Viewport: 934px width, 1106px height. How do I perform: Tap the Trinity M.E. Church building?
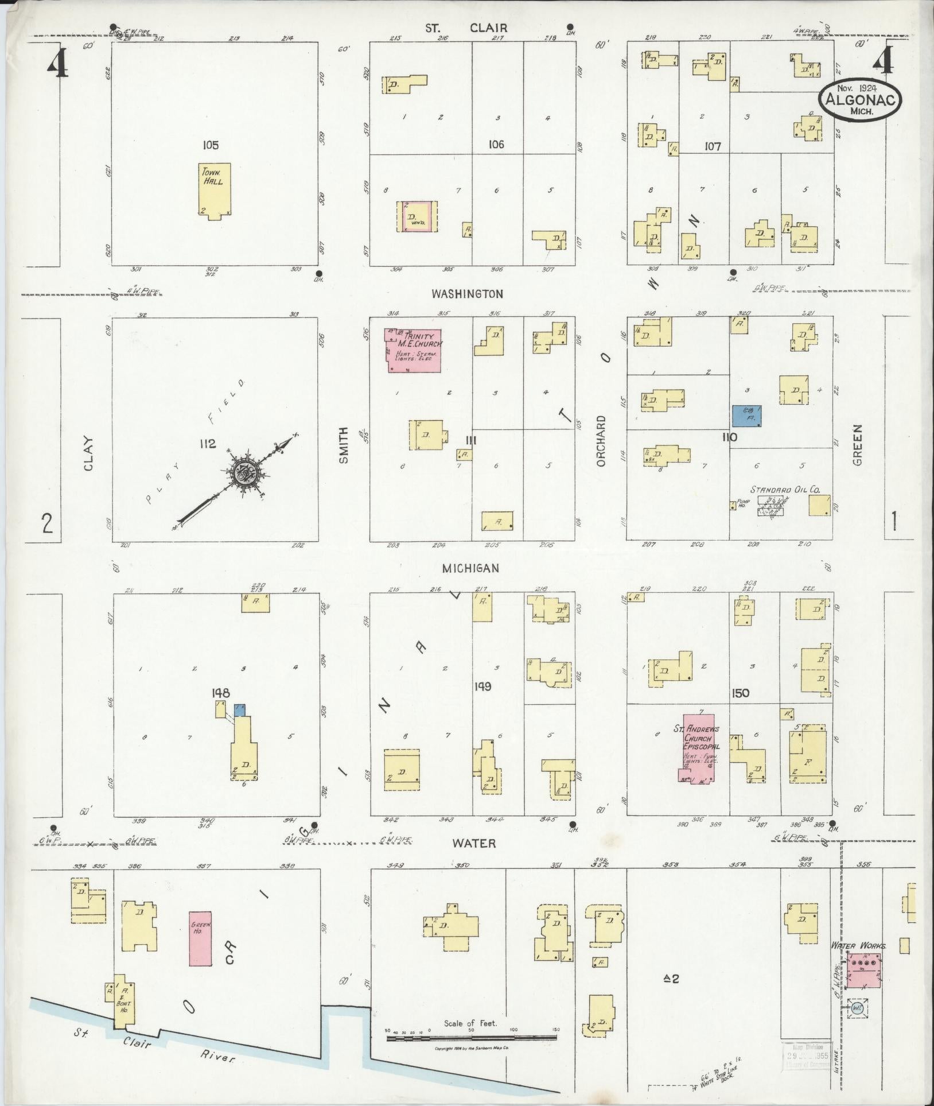tap(412, 351)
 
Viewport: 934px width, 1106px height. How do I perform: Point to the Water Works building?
tap(866, 971)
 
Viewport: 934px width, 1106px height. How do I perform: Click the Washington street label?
tap(467, 294)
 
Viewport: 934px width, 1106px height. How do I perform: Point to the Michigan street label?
tap(470, 568)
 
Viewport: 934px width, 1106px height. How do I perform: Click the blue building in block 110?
tap(747, 416)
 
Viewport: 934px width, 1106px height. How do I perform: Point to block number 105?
tap(211, 145)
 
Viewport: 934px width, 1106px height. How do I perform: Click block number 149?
tap(483, 686)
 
